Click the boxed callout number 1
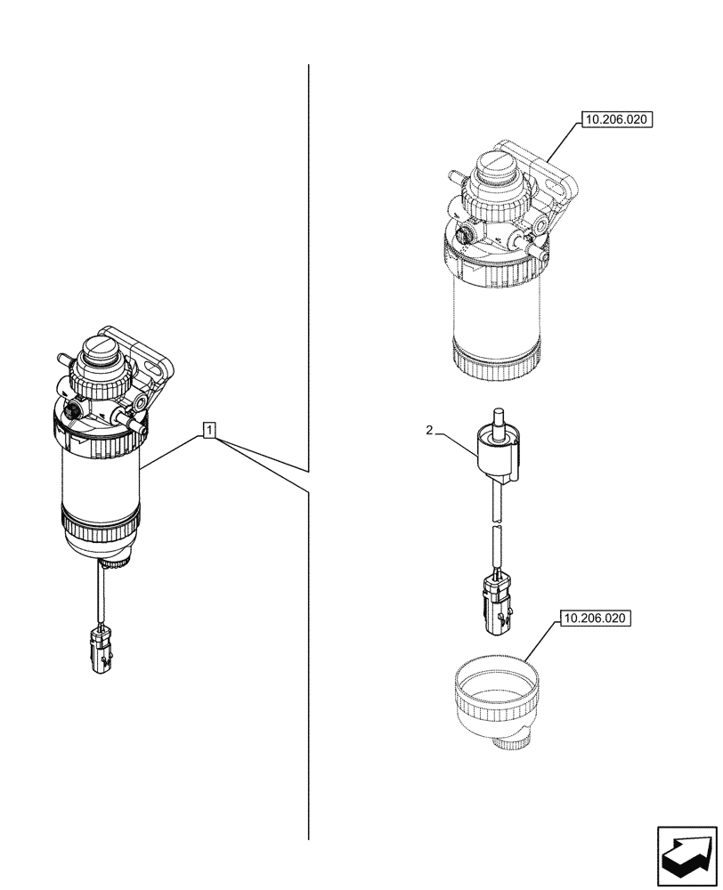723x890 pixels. pyautogui.click(x=208, y=432)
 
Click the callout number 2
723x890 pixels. pyautogui.click(x=429, y=430)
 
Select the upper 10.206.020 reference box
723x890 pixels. pyautogui.click(x=616, y=119)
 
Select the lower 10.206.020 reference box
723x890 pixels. pyautogui.click(x=594, y=618)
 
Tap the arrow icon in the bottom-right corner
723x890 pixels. pyautogui.click(x=686, y=857)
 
